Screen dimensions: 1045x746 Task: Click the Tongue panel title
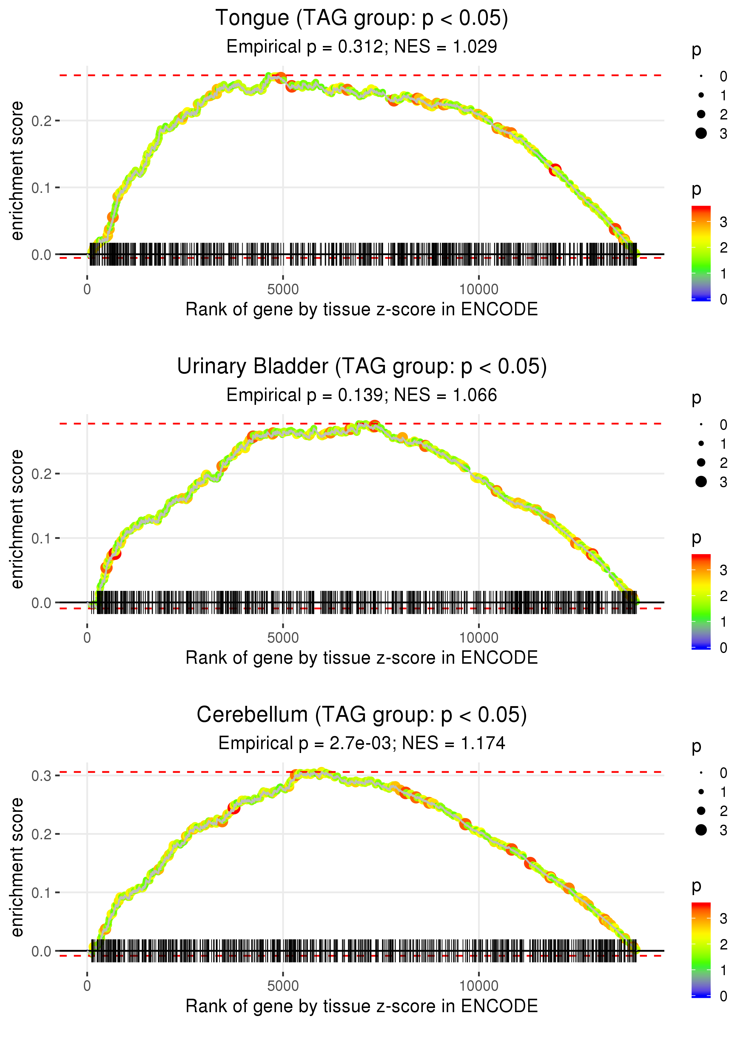pyautogui.click(x=362, y=19)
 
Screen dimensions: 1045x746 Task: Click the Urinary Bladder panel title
pyautogui.click(x=362, y=367)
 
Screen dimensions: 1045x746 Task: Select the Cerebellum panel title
pyautogui.click(x=362, y=715)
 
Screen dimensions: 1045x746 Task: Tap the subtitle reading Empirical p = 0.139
pyautogui.click(x=362, y=395)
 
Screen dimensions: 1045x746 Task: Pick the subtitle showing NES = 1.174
pyautogui.click(x=362, y=743)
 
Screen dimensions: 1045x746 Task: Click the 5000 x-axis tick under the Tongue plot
pyautogui.click(x=283, y=290)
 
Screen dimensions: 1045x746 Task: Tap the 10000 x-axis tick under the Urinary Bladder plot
pyautogui.click(x=479, y=638)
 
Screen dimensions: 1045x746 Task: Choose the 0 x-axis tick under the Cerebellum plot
pyautogui.click(x=87, y=986)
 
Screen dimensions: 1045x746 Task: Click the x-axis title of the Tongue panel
pyautogui.click(x=362, y=310)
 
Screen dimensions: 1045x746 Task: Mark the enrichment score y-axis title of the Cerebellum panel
pyautogui.click(x=17, y=867)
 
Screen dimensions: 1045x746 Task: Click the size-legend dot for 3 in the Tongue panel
pyautogui.click(x=701, y=133)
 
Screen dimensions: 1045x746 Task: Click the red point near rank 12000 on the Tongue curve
pyautogui.click(x=555, y=170)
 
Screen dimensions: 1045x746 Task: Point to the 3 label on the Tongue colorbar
pyautogui.click(x=724, y=222)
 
